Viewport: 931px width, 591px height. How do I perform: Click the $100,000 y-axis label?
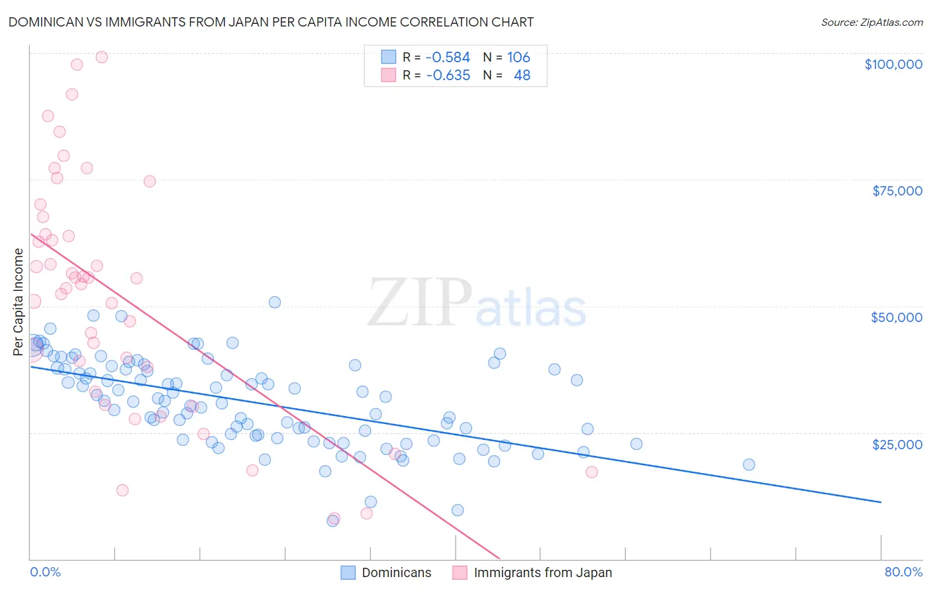[x=893, y=64]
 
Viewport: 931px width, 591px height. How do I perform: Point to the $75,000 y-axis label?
[x=897, y=191]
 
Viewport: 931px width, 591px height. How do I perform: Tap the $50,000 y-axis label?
[x=897, y=317]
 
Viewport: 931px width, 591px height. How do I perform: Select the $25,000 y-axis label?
[x=897, y=445]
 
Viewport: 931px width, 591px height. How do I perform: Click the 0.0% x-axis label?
[x=45, y=572]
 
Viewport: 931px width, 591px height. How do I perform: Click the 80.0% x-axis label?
[x=903, y=572]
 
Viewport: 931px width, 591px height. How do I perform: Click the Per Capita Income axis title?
[x=18, y=302]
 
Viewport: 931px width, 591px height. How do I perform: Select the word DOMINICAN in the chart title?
[x=45, y=22]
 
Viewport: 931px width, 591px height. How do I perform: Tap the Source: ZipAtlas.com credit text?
[x=871, y=23]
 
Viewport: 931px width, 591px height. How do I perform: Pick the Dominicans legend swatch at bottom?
[x=348, y=572]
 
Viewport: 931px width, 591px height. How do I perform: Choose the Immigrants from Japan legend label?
[x=543, y=572]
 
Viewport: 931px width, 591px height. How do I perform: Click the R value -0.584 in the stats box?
[x=448, y=58]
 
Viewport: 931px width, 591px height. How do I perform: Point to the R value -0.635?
[x=448, y=76]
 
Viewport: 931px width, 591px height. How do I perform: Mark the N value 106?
[x=518, y=58]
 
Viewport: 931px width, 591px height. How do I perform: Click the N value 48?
[x=522, y=76]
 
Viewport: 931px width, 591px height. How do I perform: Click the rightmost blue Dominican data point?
[x=749, y=464]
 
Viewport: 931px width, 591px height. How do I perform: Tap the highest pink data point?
[x=102, y=57]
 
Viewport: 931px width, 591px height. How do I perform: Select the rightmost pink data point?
[x=592, y=472]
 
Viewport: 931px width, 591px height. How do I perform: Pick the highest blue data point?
[x=275, y=302]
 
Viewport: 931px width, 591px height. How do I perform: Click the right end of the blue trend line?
[x=881, y=502]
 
